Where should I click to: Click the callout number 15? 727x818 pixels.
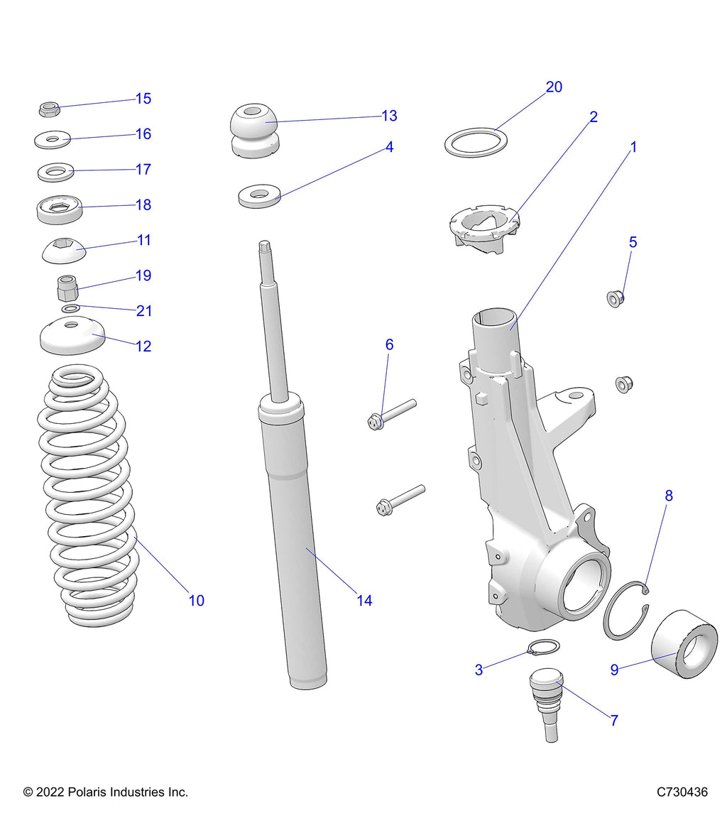[143, 99]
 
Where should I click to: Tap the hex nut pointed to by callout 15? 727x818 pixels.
[47, 109]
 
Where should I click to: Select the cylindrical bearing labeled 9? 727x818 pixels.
[684, 643]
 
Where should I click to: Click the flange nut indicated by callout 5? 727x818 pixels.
[616, 298]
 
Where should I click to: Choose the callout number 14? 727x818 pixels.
[364, 601]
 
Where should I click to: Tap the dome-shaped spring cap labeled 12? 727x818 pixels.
[72, 337]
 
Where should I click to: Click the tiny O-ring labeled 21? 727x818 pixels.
[70, 309]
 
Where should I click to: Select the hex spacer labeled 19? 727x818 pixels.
[65, 289]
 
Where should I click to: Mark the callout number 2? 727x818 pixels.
[594, 117]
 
